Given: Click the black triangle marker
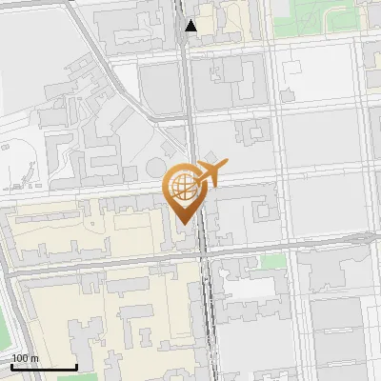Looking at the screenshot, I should pos(191,26).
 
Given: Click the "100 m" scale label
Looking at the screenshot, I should pos(25,358).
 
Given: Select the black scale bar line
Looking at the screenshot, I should pos(44,367).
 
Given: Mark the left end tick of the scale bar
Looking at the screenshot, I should pos(11,366).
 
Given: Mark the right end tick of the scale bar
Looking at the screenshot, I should pos(76,366).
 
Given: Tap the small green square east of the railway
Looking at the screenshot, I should pos(273,260).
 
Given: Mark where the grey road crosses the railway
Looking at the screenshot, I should pos(203,250).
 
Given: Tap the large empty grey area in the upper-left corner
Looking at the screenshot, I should pos(29,48).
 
